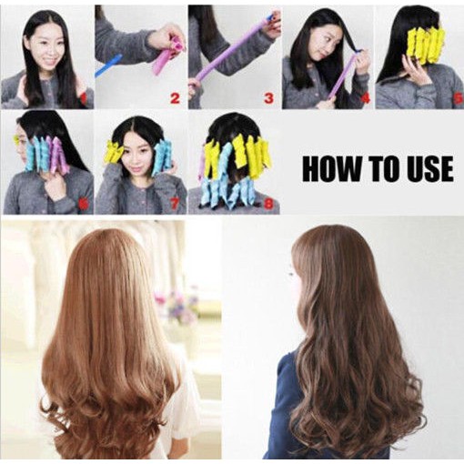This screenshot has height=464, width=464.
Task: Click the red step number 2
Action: (175, 98)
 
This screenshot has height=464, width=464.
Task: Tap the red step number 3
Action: (268, 98)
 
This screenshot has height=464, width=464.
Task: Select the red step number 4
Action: (366, 97)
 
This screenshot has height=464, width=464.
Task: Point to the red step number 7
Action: (175, 204)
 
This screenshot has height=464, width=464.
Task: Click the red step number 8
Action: (268, 204)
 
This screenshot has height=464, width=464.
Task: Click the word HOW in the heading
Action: (332, 169)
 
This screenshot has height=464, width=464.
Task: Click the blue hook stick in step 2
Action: (108, 66)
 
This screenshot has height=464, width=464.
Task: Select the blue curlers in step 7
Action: (160, 156)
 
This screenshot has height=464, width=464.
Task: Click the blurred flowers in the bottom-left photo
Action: (176, 302)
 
